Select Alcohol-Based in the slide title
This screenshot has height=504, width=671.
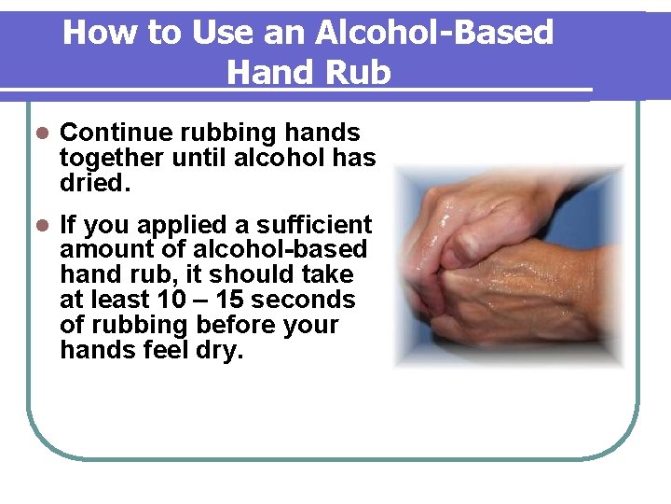pos(433,34)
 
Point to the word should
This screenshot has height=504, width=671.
pos(247,275)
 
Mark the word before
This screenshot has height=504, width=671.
pos(240,326)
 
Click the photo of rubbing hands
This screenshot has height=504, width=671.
pos(509,267)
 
